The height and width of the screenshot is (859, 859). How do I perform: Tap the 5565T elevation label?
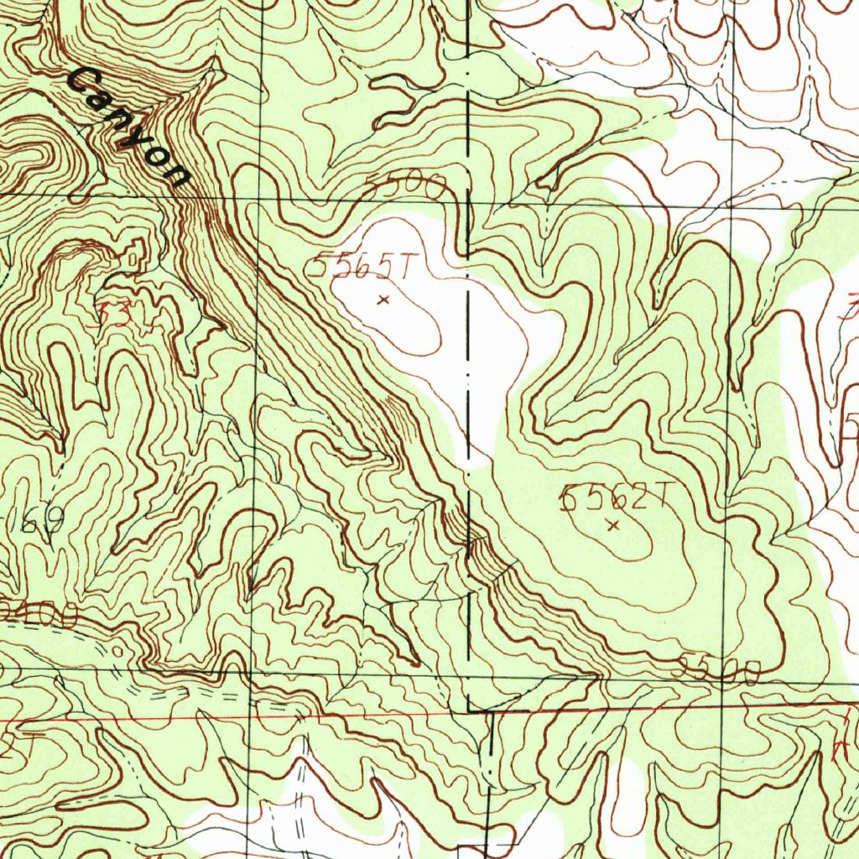(x=360, y=268)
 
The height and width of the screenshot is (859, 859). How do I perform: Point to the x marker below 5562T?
(x=613, y=526)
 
